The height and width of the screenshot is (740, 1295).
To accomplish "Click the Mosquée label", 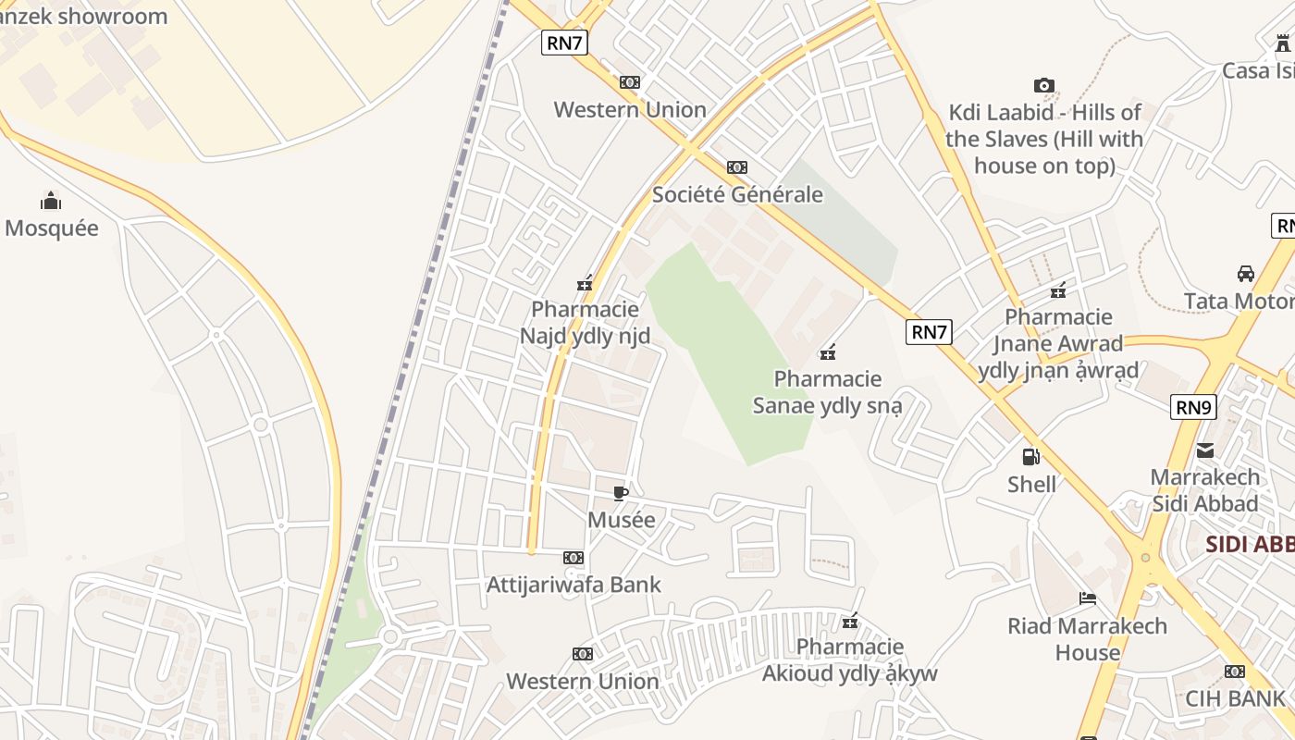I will [52, 228].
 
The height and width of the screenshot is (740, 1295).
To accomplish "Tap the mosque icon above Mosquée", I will [51, 201].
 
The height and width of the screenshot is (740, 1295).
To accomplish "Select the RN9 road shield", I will [1193, 407].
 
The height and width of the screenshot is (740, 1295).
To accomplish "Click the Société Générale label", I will [737, 194].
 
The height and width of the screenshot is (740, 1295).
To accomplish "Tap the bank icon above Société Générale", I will [737, 167].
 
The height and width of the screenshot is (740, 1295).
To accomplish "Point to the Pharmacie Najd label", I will [585, 322].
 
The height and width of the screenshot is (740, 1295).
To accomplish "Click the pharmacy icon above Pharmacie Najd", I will [585, 283].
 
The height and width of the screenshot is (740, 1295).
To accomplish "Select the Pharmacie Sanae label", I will [828, 392].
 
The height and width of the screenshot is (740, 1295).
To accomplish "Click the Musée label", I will [622, 520].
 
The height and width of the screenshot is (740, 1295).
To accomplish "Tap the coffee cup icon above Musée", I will [621, 493].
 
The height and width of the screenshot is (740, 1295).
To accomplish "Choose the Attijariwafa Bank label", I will [573, 585].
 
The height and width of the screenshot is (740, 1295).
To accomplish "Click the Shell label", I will [1031, 484].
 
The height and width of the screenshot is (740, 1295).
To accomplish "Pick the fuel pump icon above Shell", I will [1030, 457].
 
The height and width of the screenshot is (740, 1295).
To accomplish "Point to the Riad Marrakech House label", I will [1088, 639].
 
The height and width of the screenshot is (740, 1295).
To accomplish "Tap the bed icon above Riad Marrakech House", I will [1088, 599].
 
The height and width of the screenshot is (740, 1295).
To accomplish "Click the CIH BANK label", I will [1235, 698].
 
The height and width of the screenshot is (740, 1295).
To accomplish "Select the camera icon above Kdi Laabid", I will [1044, 86].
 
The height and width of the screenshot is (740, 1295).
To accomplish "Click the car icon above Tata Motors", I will [1246, 274].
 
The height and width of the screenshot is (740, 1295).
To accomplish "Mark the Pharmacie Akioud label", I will [850, 660].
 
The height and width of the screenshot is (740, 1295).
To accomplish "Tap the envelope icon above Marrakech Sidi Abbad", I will [1205, 450].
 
